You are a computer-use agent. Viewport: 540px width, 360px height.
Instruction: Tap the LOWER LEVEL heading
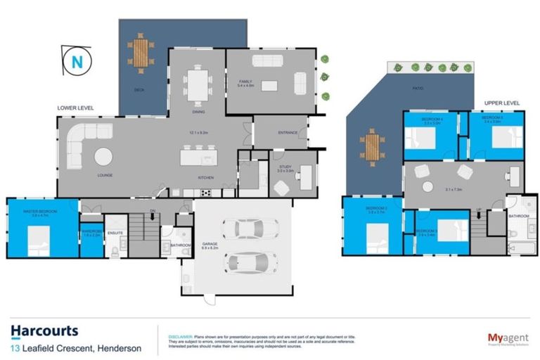75,108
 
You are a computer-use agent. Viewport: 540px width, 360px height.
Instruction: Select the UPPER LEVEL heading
501,103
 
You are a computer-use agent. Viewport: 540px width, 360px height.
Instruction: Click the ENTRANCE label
288,132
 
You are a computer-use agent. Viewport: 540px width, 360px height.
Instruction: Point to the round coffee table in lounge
104,155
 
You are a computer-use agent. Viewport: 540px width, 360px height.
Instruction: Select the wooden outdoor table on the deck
141,52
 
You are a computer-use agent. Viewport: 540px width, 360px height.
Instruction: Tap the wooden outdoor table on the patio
372,146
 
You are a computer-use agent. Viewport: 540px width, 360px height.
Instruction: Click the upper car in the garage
240,229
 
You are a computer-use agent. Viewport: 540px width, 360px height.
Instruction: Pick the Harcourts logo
44,331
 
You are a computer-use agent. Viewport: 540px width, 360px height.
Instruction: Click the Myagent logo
508,338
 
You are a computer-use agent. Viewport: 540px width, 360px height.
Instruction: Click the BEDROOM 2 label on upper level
377,209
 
